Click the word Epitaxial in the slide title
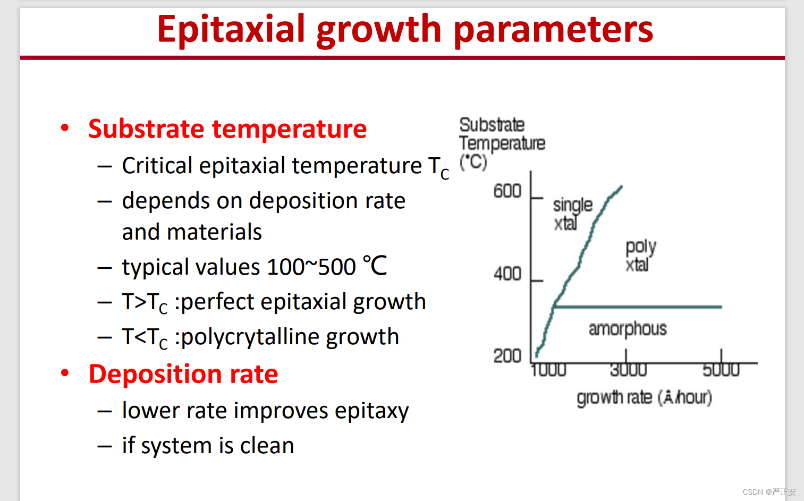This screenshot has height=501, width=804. point(231,29)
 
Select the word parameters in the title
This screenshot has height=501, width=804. point(553,30)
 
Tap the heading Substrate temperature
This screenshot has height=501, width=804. point(227,129)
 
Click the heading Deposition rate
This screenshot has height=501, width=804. point(183,374)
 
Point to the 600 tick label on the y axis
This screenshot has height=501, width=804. point(507,191)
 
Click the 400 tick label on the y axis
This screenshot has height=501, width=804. point(507,274)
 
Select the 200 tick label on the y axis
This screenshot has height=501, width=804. point(507,356)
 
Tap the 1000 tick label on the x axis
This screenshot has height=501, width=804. point(548,370)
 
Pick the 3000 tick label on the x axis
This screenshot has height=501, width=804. point(628,370)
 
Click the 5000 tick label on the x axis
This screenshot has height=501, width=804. point(721,370)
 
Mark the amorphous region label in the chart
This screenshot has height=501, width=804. point(628,329)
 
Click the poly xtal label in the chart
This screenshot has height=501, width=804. point(641,255)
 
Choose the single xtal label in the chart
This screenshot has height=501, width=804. point(572,214)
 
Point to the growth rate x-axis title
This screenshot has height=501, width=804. point(644,398)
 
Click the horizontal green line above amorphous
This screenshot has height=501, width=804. point(638,307)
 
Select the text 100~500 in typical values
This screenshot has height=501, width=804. point(311,267)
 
